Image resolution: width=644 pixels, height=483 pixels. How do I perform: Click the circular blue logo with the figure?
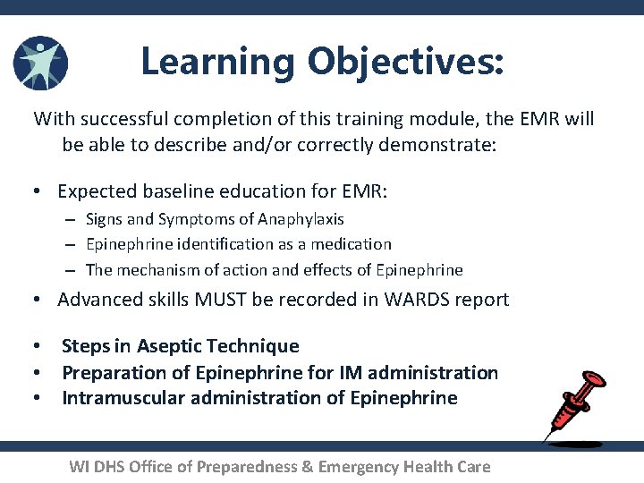point(40,63)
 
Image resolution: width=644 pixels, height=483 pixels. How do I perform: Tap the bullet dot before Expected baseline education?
point(38,191)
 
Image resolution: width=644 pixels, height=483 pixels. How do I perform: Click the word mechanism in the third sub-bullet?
point(154,270)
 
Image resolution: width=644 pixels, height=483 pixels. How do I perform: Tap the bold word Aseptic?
point(169,346)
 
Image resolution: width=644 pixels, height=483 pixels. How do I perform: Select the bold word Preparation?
point(113,372)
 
